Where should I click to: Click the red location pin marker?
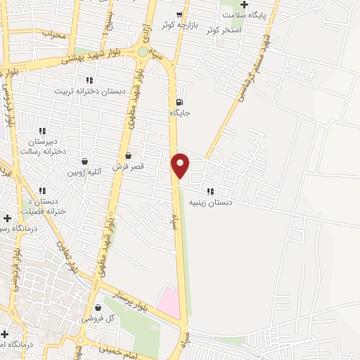pyautogui.click(x=181, y=165)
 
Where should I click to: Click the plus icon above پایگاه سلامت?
pyautogui.click(x=244, y=5)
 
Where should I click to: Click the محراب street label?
pyautogui.click(x=53, y=34)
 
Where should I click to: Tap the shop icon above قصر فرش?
pyautogui.click(x=128, y=155)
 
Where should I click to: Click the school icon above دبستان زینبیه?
pyautogui.click(x=210, y=191)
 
